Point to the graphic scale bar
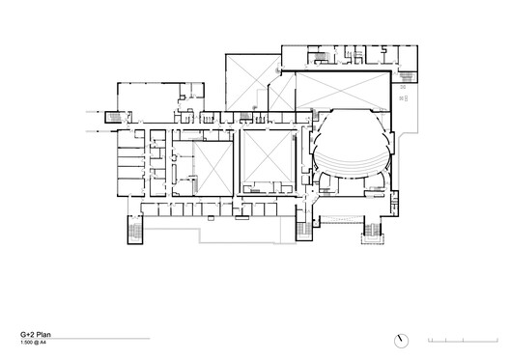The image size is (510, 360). coord(462,341)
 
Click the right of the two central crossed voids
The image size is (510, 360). coord(268,159)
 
